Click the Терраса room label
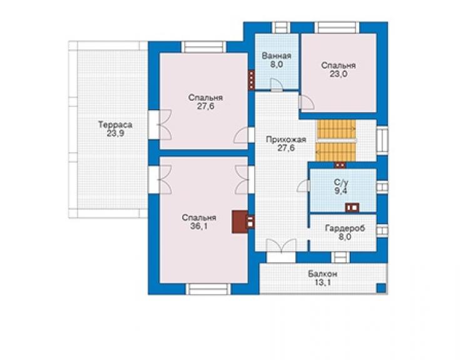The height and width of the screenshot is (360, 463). tap(115, 125)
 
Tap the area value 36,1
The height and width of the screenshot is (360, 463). tap(199, 227)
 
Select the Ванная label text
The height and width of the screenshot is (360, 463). tap(277, 56)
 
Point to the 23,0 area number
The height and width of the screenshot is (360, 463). tap(338, 74)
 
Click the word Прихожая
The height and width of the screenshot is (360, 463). tap(286, 139)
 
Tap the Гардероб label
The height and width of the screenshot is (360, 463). tap(345, 228)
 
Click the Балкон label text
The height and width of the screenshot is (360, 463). tap(322, 274)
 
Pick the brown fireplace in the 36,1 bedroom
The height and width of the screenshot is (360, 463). tap(240, 222)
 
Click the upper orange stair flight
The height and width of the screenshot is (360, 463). tap(336, 129)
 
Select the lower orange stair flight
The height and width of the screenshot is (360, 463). tap(336, 152)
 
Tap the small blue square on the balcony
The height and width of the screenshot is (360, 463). tap(382, 287)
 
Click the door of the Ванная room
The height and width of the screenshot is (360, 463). tap(277, 85)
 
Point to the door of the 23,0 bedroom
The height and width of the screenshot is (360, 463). tap(306, 103)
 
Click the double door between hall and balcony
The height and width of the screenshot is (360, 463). tap(281, 246)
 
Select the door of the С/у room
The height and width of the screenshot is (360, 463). tap(303, 186)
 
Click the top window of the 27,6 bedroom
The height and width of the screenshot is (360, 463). tap(204, 48)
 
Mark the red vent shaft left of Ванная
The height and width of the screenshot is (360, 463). tap(251, 80)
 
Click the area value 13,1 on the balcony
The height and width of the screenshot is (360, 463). tap(322, 282)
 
